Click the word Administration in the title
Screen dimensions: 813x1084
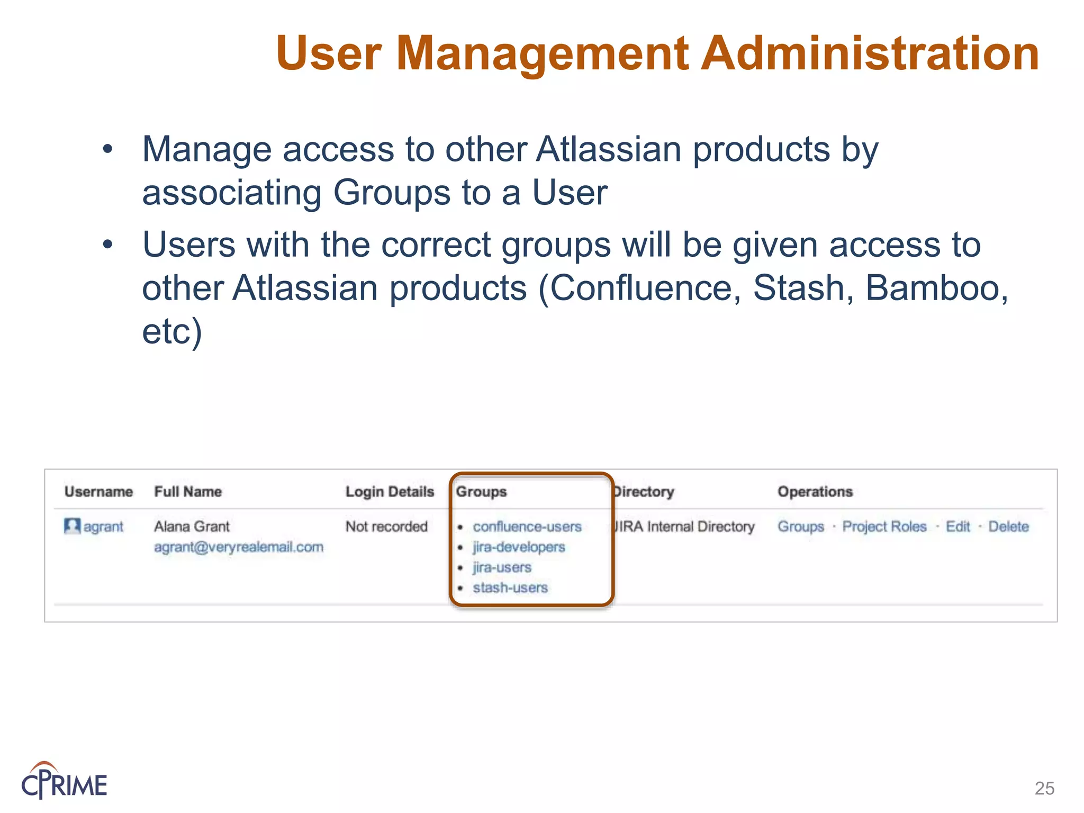870,53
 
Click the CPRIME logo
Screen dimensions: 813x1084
64,781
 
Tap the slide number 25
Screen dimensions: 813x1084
1044,788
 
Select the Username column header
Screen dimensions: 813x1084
98,492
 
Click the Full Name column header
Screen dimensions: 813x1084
188,492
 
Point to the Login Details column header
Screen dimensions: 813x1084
390,492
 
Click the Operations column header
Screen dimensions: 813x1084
815,492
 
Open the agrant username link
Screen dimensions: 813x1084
103,527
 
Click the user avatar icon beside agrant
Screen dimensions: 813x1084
71,526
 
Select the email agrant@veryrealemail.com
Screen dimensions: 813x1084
239,547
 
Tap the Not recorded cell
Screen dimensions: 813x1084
386,527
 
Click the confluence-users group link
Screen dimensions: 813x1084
527,527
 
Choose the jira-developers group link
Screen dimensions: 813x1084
519,547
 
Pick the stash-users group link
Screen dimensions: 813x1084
510,588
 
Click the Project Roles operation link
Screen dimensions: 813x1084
884,527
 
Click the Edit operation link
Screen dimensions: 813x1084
958,527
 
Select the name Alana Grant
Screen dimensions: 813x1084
192,527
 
